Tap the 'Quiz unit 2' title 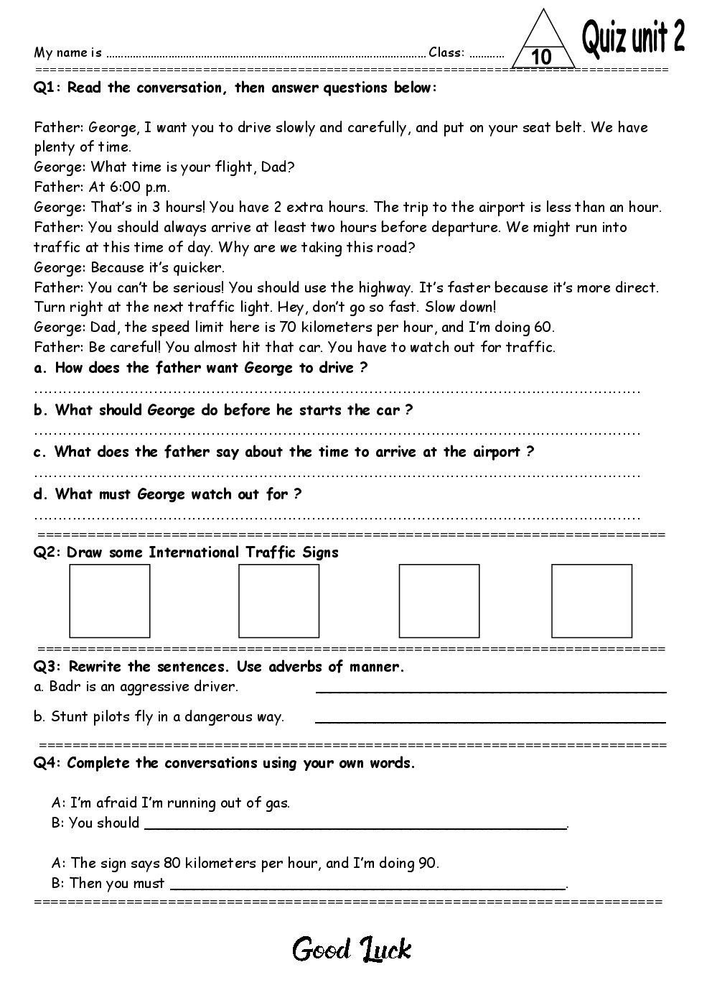(632, 37)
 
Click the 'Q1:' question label (48, 88)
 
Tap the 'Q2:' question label (48, 552)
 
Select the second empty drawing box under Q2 (278, 601)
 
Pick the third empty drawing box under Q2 (439, 601)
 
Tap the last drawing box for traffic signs (592, 601)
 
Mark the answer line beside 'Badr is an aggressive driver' (491, 690)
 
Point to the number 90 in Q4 (427, 863)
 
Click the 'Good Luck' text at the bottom (352, 950)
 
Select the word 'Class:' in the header (446, 52)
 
